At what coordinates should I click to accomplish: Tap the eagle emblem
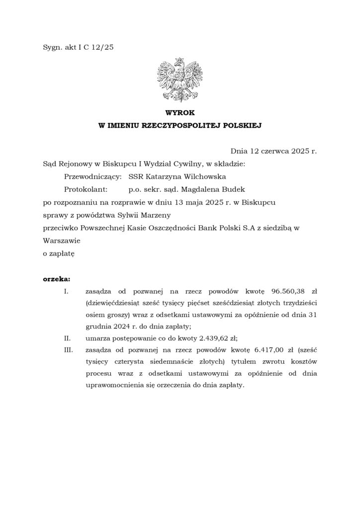tap(180, 81)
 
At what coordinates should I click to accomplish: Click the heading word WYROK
tap(180, 114)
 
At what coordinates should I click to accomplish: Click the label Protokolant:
tap(86, 189)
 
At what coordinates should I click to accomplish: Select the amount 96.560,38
tap(290, 290)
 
